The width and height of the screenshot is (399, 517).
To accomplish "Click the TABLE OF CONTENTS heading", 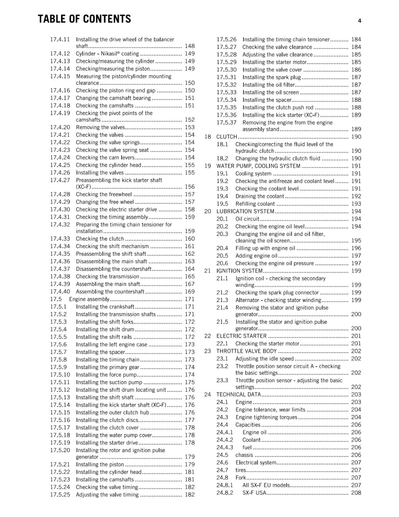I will [x=84, y=19].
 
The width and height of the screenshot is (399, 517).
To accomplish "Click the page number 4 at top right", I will [x=359, y=21].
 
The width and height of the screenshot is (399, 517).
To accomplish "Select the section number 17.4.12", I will [x=60, y=54].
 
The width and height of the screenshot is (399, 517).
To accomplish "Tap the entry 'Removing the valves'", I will [x=100, y=127].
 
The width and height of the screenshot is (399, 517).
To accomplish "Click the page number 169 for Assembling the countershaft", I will [x=189, y=291].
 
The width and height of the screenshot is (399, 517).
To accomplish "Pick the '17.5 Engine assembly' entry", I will [x=89, y=299].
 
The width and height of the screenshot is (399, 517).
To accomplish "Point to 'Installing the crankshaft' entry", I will [x=105, y=307].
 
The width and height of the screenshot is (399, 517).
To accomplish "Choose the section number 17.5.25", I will [x=60, y=495].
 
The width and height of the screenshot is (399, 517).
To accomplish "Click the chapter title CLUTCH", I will [x=226, y=137].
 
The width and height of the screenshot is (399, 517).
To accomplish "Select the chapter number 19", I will [x=208, y=166].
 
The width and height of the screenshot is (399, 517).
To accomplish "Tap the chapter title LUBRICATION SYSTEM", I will [x=245, y=211].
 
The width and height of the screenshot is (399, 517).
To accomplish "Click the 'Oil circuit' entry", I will [x=247, y=219].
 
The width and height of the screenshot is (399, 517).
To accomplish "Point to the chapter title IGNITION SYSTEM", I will [x=239, y=271].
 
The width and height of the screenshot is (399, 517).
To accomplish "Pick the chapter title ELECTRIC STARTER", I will [x=241, y=336].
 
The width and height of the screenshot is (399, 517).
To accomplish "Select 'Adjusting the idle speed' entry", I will [x=264, y=359].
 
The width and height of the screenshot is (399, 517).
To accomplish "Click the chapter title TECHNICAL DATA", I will [x=238, y=395].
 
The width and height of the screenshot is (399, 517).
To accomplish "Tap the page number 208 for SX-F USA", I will [x=356, y=493].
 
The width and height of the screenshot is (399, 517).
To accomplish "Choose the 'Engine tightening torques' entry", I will [x=266, y=417].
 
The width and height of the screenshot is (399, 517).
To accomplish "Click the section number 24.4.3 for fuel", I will [x=225, y=448].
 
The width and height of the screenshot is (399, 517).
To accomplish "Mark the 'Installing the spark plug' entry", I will [x=271, y=77].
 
